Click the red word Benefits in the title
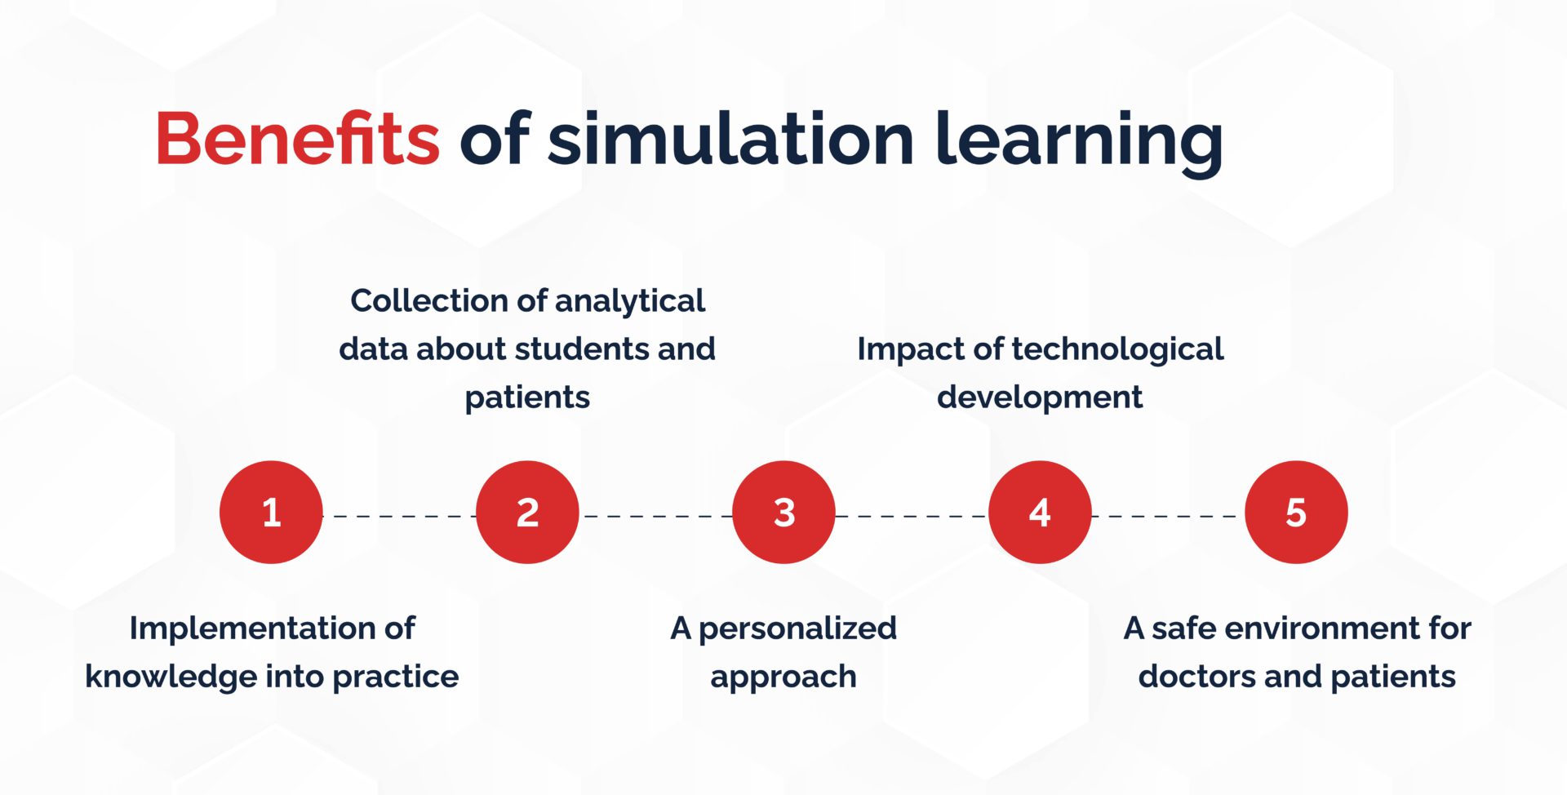[297, 140]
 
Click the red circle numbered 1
[271, 513]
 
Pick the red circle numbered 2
[527, 513]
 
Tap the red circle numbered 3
[783, 513]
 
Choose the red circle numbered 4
[1040, 513]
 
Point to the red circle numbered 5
[1296, 513]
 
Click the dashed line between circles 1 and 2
[400, 516]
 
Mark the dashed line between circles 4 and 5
[1168, 516]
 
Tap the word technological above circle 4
[1117, 349]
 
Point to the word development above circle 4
[1039, 397]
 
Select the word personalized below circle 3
[797, 628]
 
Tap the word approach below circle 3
[783, 677]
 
